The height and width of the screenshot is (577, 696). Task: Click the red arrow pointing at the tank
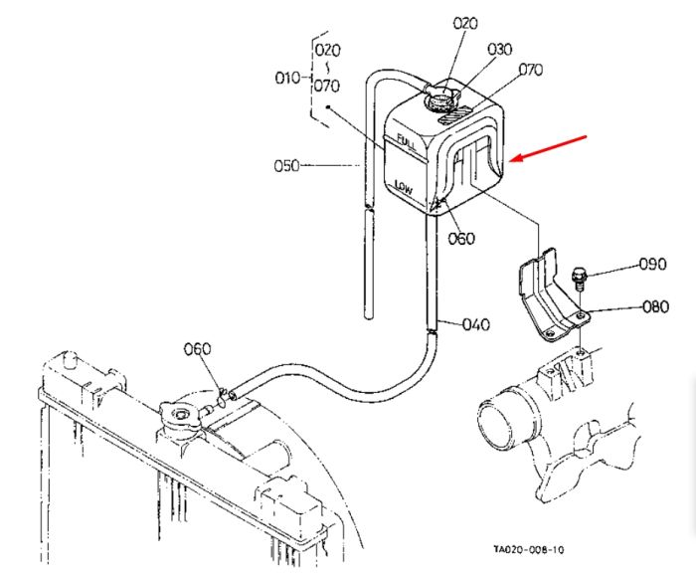548,148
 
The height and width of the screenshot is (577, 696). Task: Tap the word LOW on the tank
404,187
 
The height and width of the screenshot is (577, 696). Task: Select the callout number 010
287,79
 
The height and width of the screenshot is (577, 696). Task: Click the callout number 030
500,49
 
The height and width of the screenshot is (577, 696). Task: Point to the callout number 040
476,324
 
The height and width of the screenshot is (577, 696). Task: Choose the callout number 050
286,166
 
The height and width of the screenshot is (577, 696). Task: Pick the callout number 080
655,306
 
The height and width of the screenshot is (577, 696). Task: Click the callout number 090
653,264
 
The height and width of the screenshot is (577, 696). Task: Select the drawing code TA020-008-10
529,549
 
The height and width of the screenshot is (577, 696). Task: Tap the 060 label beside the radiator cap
198,349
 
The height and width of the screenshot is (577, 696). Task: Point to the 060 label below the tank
461,239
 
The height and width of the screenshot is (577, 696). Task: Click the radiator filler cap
180,415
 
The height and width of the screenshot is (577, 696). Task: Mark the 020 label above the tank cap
465,23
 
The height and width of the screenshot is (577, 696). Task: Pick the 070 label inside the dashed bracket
327,86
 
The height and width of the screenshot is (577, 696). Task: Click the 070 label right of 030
531,70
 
